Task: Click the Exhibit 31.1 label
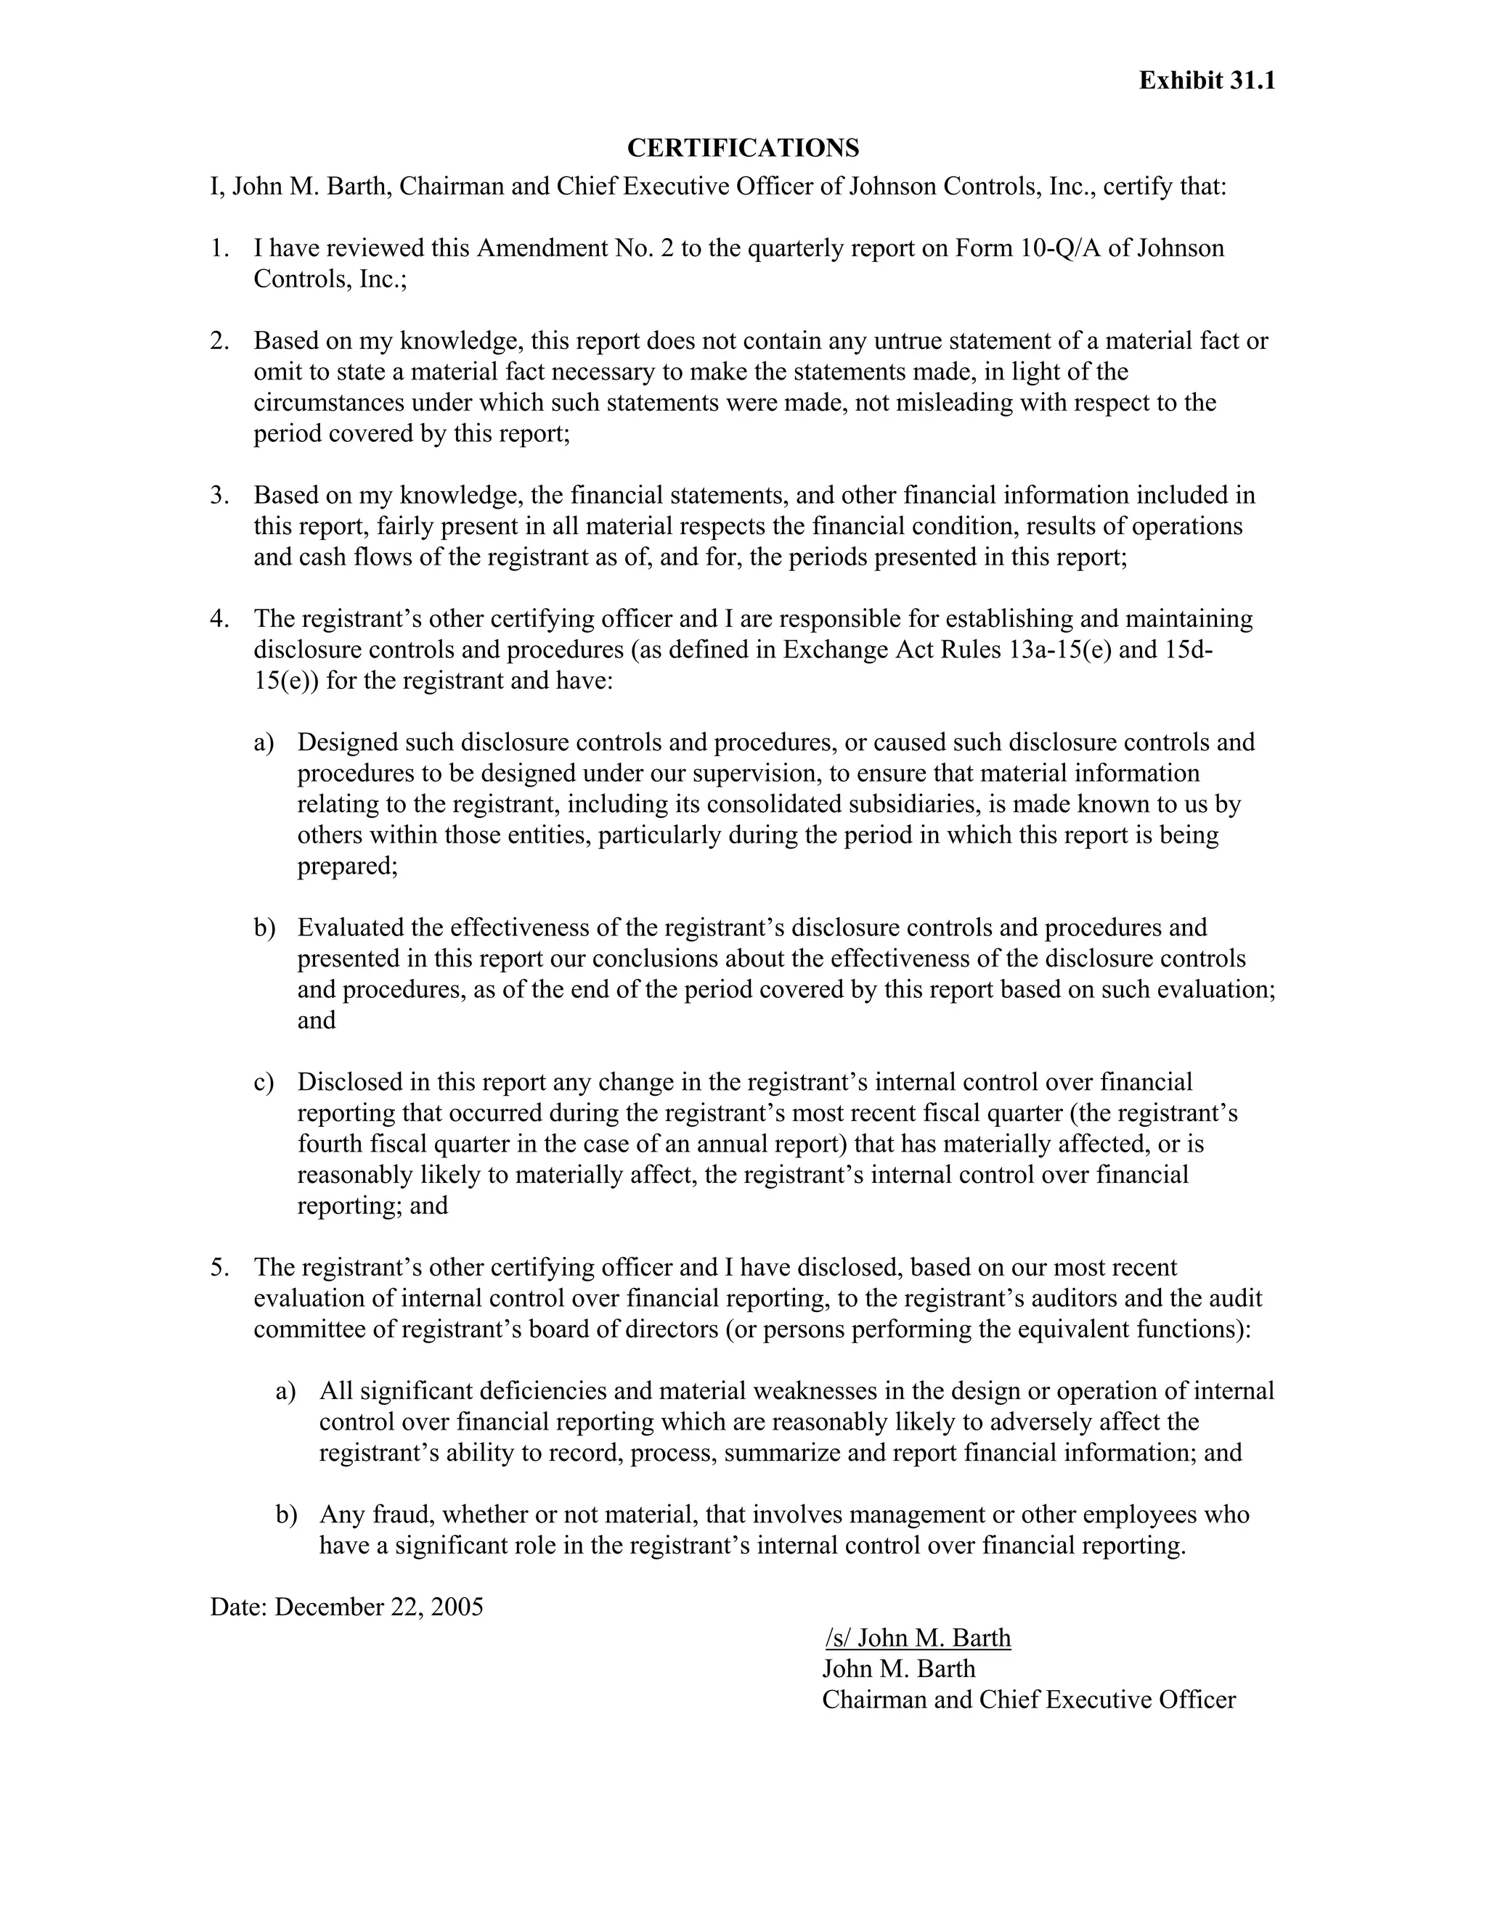(1206, 81)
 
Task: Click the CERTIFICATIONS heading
(743, 148)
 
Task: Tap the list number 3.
(219, 496)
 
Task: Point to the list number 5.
(219, 1268)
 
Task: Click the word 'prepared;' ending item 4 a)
(347, 866)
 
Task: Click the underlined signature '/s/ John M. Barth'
(918, 1638)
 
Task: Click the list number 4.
(219, 619)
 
